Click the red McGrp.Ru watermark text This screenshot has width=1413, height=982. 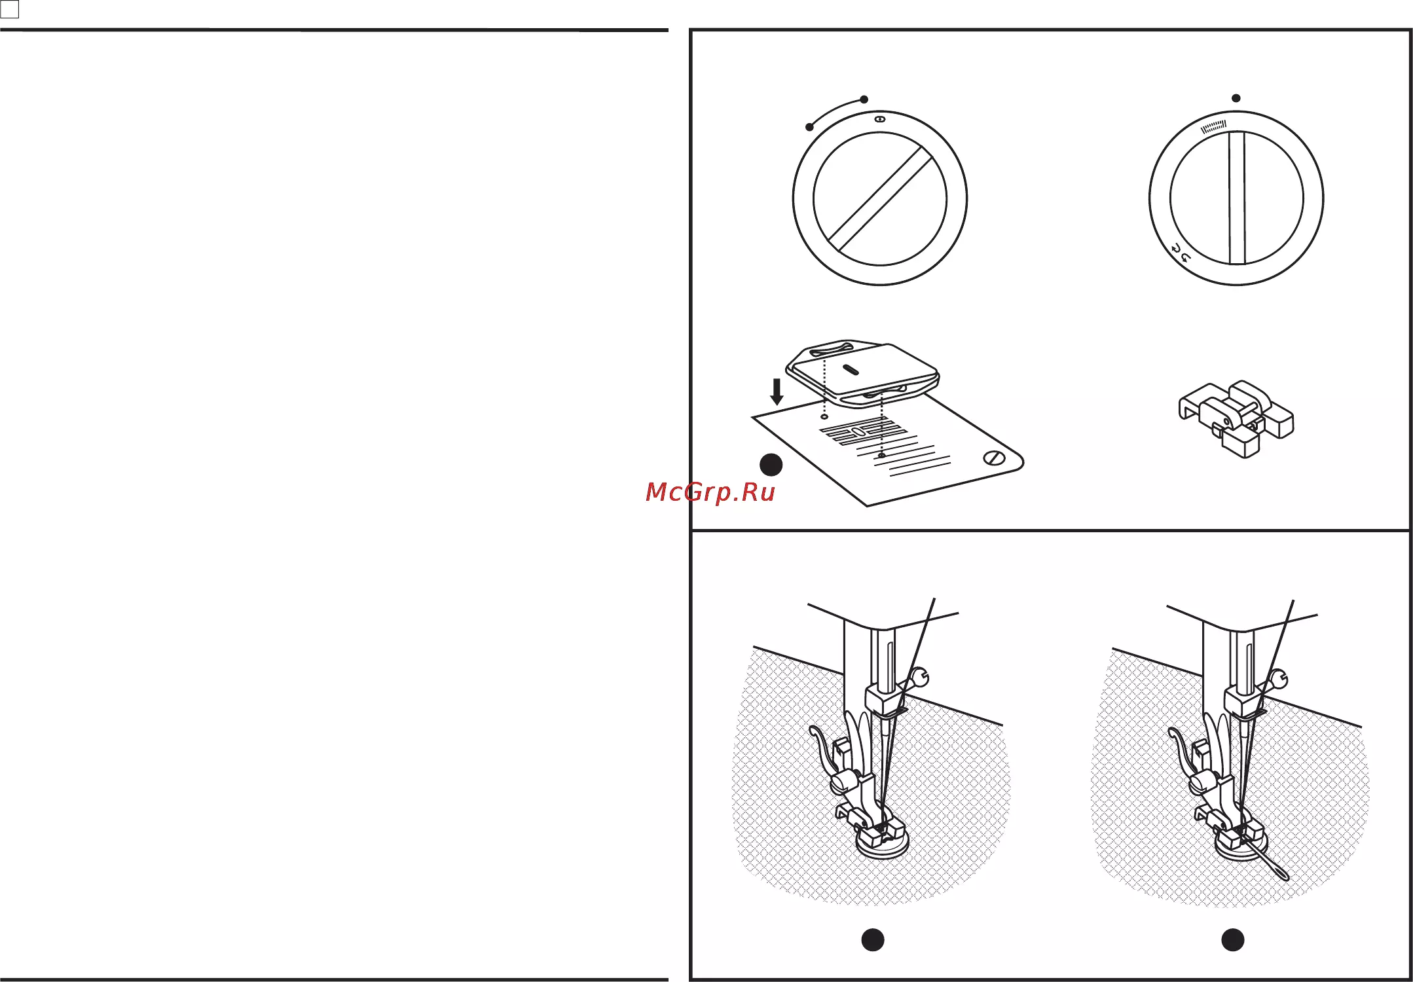pos(710,492)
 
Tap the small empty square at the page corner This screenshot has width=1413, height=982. pos(10,9)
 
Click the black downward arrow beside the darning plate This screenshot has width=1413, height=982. pos(777,391)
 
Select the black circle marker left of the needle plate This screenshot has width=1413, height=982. pos(771,465)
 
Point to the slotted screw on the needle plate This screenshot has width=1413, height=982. pos(995,458)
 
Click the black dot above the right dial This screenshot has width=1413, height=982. pos(1236,98)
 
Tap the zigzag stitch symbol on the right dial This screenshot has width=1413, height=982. pos(1213,126)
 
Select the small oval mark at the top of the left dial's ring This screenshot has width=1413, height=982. pos(880,120)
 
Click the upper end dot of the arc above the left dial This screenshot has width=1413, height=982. pos(864,100)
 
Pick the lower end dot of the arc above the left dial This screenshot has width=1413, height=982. pos(810,127)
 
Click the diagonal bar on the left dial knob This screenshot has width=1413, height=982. pos(880,199)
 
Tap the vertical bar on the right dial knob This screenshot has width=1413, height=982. pos(1236,198)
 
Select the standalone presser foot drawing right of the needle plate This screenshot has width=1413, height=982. pos(1236,419)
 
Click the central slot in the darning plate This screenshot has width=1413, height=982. pos(850,370)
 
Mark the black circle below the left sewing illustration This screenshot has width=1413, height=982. pos(873,939)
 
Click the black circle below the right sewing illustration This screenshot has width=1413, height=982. pos(1233,939)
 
